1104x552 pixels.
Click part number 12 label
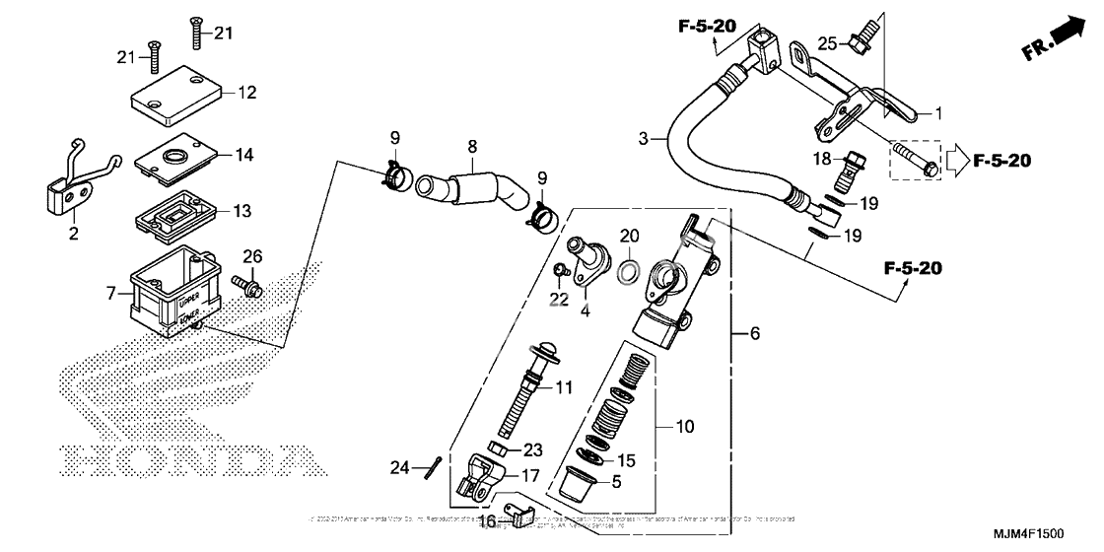(246, 94)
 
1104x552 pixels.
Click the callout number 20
(630, 237)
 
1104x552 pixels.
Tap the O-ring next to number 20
(630, 271)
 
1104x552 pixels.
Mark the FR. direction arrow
(1060, 36)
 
